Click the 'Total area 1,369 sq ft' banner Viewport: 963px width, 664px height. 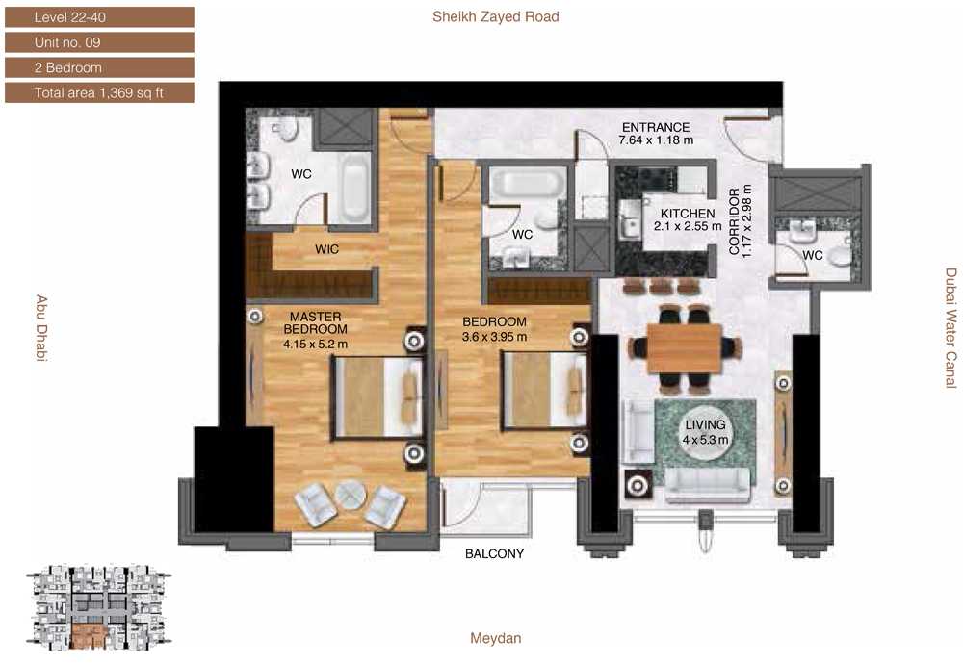tap(99, 92)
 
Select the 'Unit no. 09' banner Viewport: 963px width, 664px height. tap(99, 42)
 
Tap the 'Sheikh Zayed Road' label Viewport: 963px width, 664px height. tap(496, 17)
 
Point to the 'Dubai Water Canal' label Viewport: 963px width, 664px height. tap(950, 328)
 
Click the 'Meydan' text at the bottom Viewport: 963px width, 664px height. tap(496, 638)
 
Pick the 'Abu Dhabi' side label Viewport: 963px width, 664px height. tap(41, 328)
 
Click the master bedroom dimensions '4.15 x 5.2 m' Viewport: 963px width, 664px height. tap(315, 345)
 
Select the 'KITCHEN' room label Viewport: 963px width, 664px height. tap(688, 214)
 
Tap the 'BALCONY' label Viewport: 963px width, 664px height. tap(494, 553)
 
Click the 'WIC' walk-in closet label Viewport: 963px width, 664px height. tap(326, 249)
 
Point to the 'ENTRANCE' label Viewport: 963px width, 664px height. tap(656, 128)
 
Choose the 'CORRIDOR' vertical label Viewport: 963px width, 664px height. tap(734, 221)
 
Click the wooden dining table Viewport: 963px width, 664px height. tap(684, 348)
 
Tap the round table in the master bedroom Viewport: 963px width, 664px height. tap(351, 494)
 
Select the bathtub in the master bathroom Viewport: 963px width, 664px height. tap(355, 188)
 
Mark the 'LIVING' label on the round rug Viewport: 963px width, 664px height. tap(705, 424)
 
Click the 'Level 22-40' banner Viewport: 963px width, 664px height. tap(99, 17)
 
